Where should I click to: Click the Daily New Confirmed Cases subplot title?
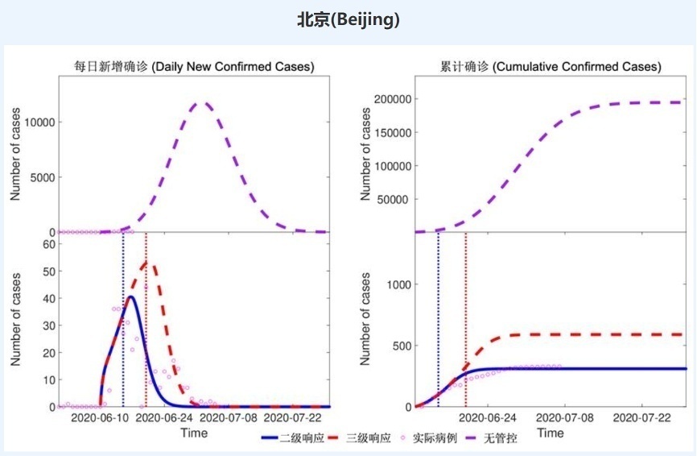(190, 66)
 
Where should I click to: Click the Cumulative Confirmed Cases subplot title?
(551, 66)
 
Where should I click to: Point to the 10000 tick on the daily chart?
(36, 122)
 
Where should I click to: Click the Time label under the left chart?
(193, 433)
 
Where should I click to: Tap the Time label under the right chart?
(551, 433)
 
